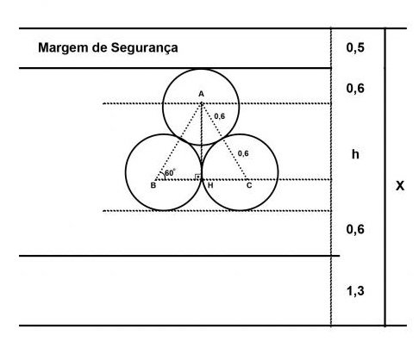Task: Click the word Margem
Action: click(x=63, y=48)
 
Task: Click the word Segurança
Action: click(x=144, y=48)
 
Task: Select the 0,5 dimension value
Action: click(x=355, y=47)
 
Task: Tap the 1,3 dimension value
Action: click(x=355, y=291)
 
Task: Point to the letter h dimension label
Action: click(x=355, y=154)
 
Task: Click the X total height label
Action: click(x=400, y=186)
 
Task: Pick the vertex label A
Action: click(x=201, y=94)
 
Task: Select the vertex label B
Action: click(x=153, y=185)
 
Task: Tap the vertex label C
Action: click(x=249, y=185)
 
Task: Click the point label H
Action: click(x=210, y=185)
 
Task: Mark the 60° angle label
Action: click(x=170, y=173)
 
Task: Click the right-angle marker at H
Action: click(x=198, y=177)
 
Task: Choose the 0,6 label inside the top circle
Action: click(x=220, y=116)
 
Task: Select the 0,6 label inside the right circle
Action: click(x=243, y=153)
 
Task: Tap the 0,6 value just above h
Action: click(x=355, y=89)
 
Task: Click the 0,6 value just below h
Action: click(x=355, y=229)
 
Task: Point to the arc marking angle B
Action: click(x=164, y=175)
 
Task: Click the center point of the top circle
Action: click(x=201, y=103)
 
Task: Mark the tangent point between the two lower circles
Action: click(x=202, y=172)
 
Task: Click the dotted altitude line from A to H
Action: click(x=202, y=141)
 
